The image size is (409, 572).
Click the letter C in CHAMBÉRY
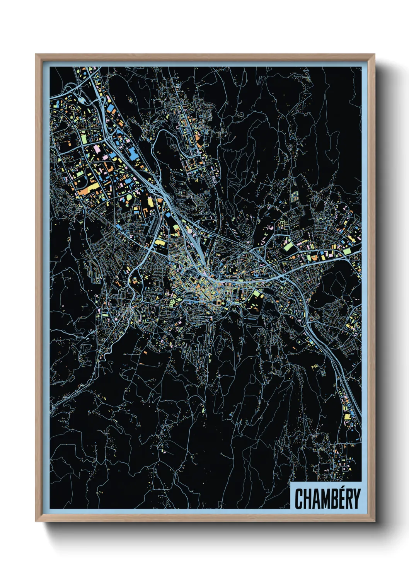[x=299, y=499]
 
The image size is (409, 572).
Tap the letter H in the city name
[x=308, y=499]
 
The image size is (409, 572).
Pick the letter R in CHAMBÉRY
[x=350, y=499]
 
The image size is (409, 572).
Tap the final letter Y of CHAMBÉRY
[x=357, y=499]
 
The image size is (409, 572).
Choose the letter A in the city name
[x=317, y=499]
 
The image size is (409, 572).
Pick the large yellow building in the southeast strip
[x=347, y=417]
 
